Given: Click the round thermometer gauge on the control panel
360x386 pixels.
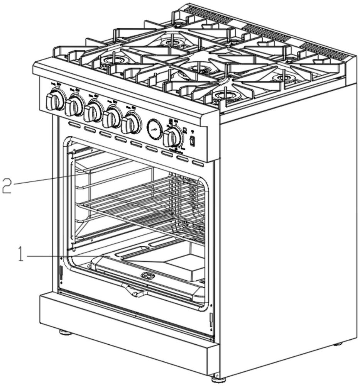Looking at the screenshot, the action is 155,129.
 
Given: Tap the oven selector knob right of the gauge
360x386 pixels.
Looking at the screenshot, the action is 173,137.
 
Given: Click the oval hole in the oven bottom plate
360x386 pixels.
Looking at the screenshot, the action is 148,276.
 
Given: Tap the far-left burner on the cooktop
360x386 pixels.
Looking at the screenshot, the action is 112,60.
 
